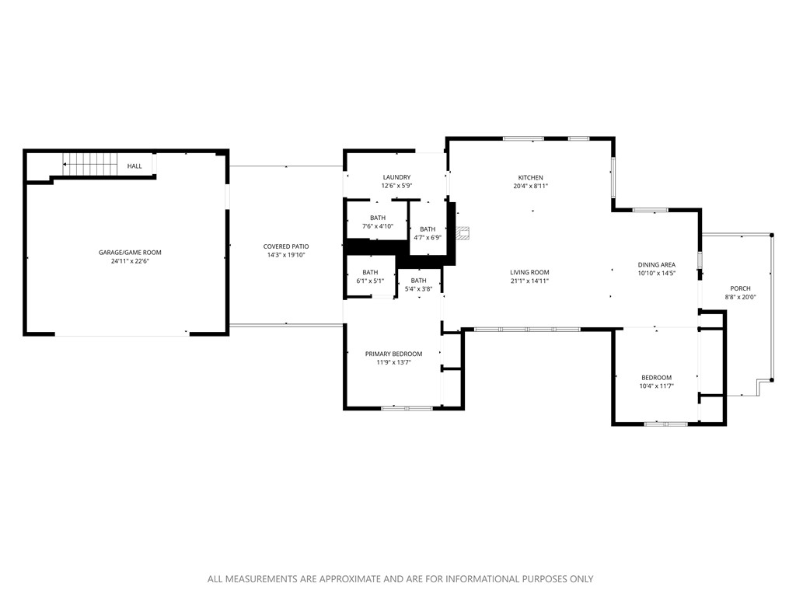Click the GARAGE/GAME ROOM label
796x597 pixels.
click(130, 252)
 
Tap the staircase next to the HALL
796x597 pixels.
click(89, 165)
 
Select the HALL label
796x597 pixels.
click(134, 166)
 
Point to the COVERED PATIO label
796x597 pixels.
click(285, 246)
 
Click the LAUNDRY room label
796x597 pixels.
click(396, 177)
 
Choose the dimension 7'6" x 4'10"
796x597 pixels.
click(378, 226)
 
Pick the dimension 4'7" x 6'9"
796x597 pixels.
click(428, 238)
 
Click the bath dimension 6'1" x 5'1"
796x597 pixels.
click(369, 281)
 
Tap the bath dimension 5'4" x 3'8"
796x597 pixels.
click(418, 289)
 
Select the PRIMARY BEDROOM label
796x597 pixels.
click(393, 354)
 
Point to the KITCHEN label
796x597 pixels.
click(531, 177)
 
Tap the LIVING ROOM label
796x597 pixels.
click(529, 272)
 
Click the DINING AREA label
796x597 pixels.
click(657, 264)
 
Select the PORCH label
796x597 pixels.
click(740, 288)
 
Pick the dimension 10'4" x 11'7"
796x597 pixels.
click(656, 386)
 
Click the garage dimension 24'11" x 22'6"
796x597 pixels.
click(130, 261)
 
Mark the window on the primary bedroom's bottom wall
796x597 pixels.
click(407, 408)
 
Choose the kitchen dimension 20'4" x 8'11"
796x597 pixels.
click(531, 187)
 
